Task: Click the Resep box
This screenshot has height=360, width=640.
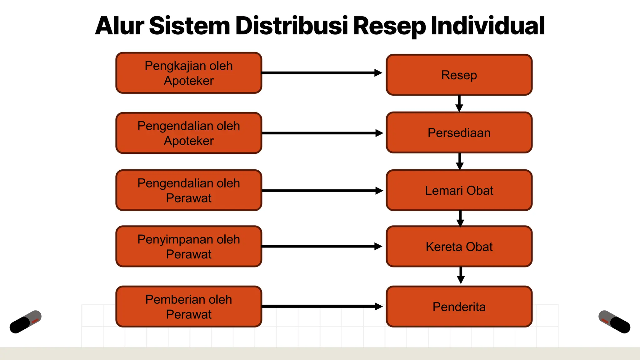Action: pyautogui.click(x=459, y=75)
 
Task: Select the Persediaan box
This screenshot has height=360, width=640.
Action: pyautogui.click(x=459, y=133)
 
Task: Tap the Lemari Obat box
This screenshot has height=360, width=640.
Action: pyautogui.click(x=459, y=190)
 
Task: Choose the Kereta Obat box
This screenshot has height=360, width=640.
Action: pyautogui.click(x=459, y=247)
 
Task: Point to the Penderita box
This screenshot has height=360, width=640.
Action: pyautogui.click(x=459, y=307)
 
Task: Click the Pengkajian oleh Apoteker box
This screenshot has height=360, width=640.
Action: pyautogui.click(x=189, y=73)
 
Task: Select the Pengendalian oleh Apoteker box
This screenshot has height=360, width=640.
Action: pyautogui.click(x=189, y=133)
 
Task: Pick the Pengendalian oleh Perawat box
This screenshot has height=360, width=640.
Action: pyautogui.click(x=189, y=190)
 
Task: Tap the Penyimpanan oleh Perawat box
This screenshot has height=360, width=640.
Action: pyautogui.click(x=189, y=247)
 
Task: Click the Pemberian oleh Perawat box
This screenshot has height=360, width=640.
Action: pyautogui.click(x=189, y=307)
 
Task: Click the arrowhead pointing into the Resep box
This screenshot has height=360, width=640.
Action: pyautogui.click(x=378, y=73)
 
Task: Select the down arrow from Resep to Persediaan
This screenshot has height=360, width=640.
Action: pyautogui.click(x=459, y=103)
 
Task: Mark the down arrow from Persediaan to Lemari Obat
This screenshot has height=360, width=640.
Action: pyautogui.click(x=460, y=161)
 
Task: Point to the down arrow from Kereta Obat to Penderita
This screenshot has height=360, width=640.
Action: pyautogui.click(x=461, y=275)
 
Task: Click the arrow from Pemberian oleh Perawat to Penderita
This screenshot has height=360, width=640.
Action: pyautogui.click(x=322, y=307)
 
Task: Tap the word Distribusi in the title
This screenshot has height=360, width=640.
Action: pyautogui.click(x=292, y=26)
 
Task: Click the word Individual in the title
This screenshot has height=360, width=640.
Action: pyautogui.click(x=488, y=26)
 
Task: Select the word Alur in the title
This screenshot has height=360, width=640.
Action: pyautogui.click(x=120, y=26)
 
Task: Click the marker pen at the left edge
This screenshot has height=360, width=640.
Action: pyautogui.click(x=26, y=322)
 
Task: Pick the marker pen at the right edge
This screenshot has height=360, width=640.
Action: pyautogui.click(x=614, y=322)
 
